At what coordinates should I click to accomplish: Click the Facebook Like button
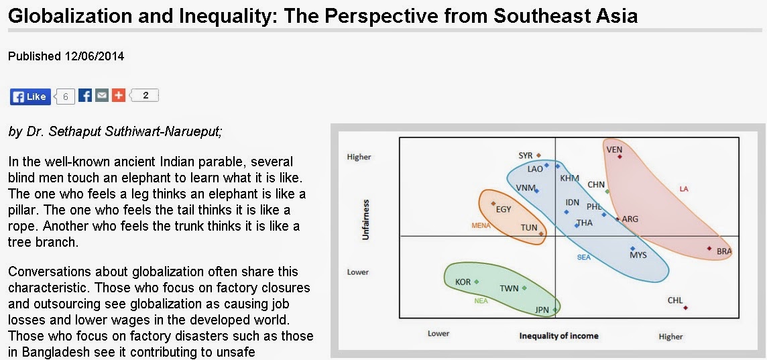30,97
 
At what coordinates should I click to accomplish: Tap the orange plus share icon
119,95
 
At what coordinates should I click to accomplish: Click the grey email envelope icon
102,95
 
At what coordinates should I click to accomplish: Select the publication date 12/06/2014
94,56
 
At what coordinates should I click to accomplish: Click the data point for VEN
619,156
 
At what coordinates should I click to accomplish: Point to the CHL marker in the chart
686,308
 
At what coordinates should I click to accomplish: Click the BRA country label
724,251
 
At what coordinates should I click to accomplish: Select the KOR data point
477,282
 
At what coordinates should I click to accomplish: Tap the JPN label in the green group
542,310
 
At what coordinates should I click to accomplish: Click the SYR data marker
538,155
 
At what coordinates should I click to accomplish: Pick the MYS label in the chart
638,255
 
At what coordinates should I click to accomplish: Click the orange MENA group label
481,225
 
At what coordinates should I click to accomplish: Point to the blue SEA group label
584,257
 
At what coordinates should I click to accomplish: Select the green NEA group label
481,301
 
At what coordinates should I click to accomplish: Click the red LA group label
684,189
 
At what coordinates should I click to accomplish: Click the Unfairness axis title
365,220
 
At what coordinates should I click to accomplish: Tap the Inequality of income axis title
558,336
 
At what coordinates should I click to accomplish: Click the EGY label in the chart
504,209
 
